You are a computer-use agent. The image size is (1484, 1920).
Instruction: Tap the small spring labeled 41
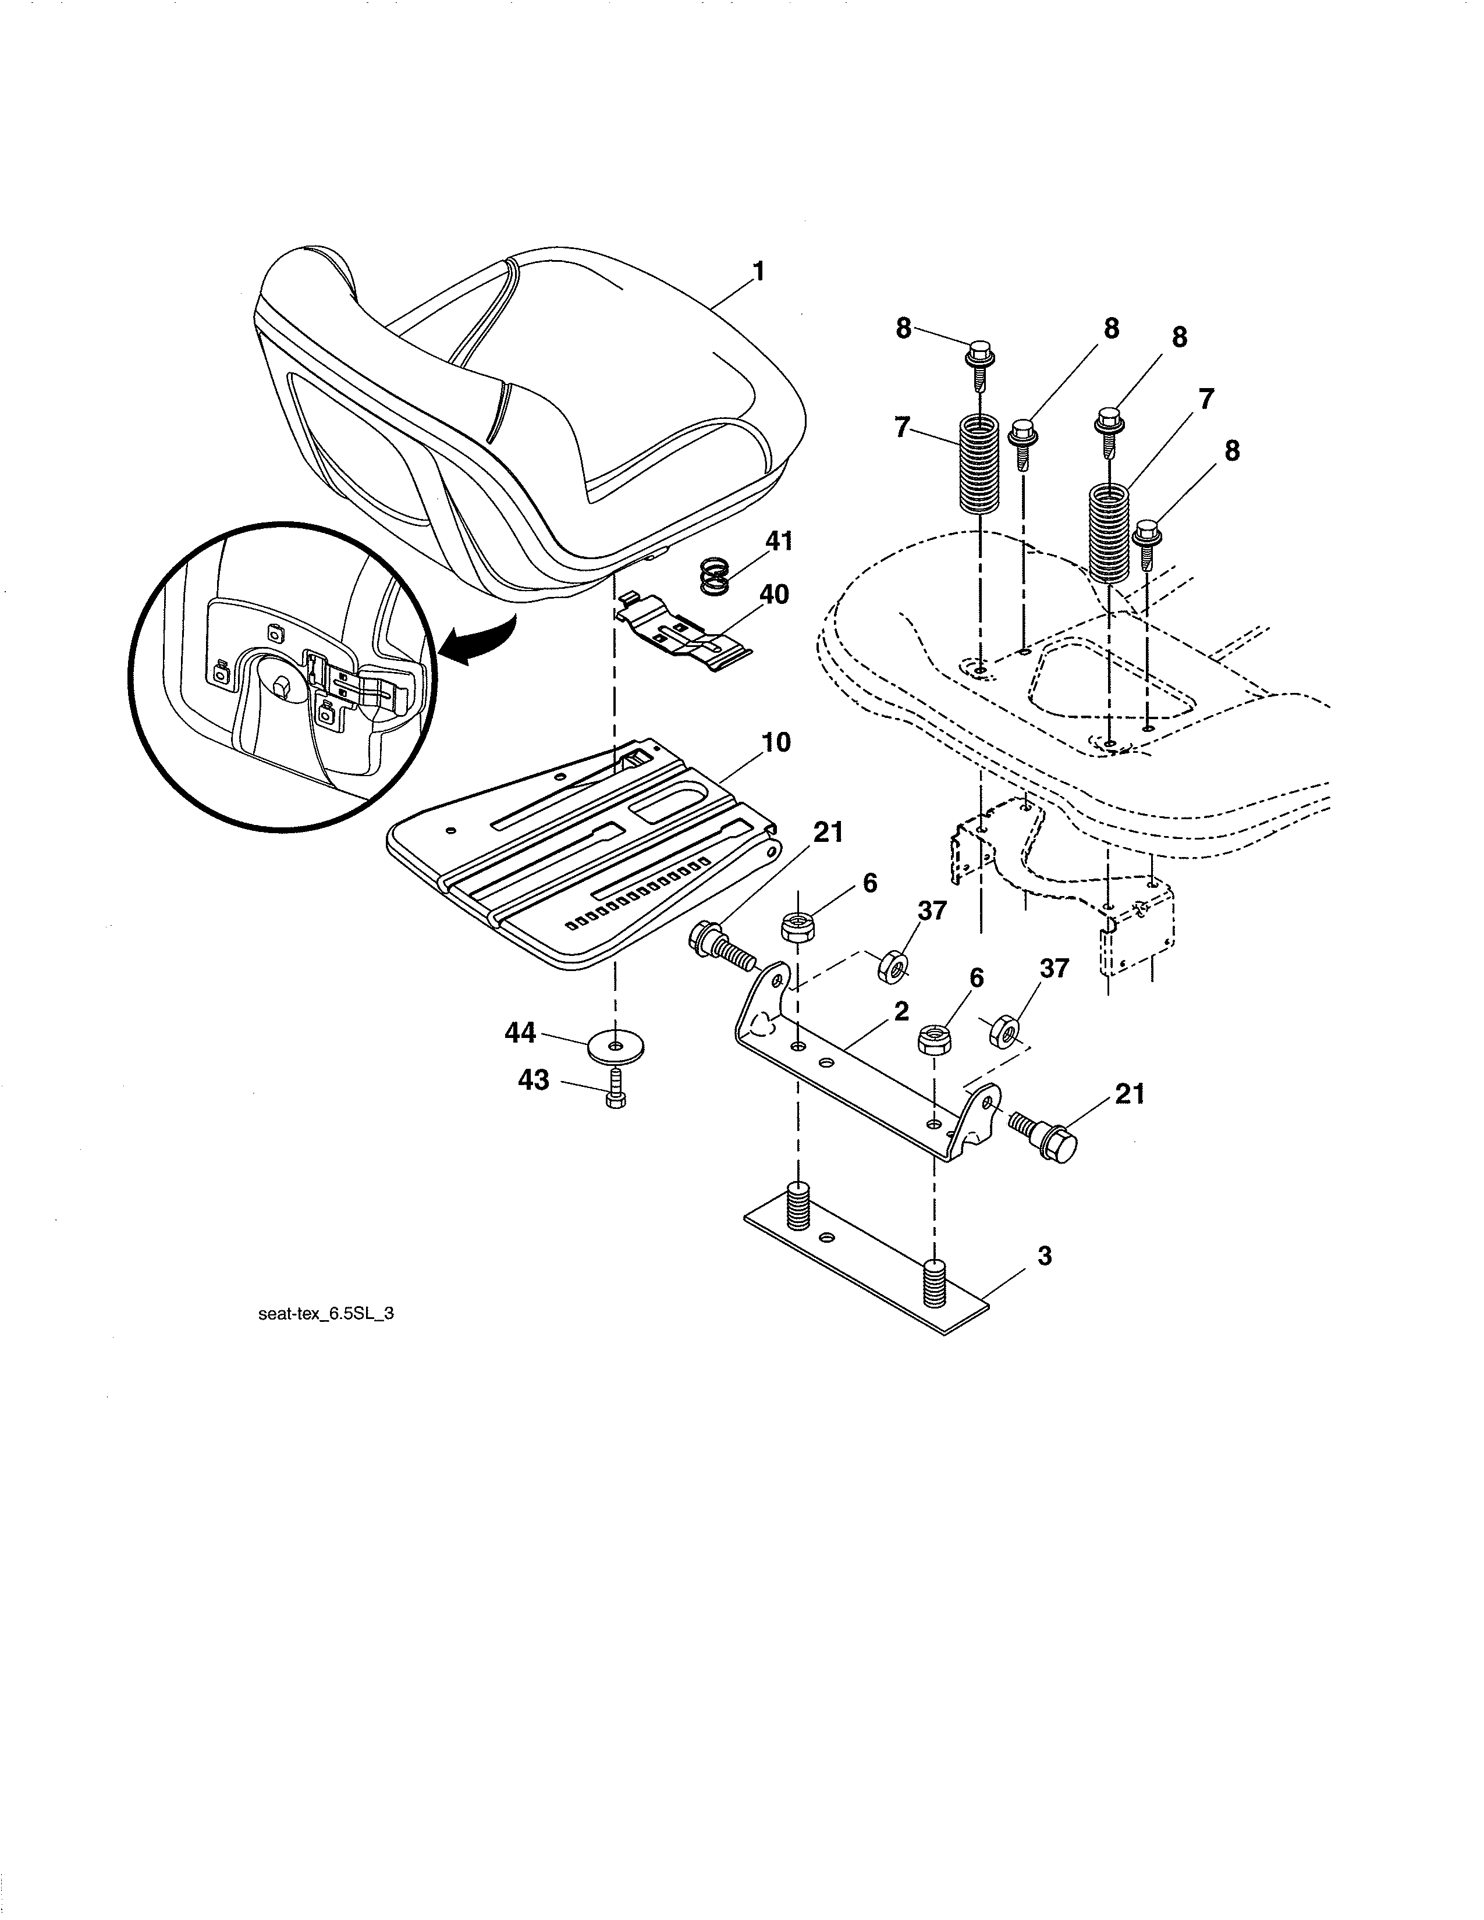pos(716,578)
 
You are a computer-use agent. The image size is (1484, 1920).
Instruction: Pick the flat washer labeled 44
pos(615,1046)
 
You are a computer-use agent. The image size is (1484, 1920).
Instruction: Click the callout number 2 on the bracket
pos(901,1011)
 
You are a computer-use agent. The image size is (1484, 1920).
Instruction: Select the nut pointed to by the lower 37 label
pos(1004,1029)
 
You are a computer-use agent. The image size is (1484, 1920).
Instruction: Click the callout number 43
pos(534,1079)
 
